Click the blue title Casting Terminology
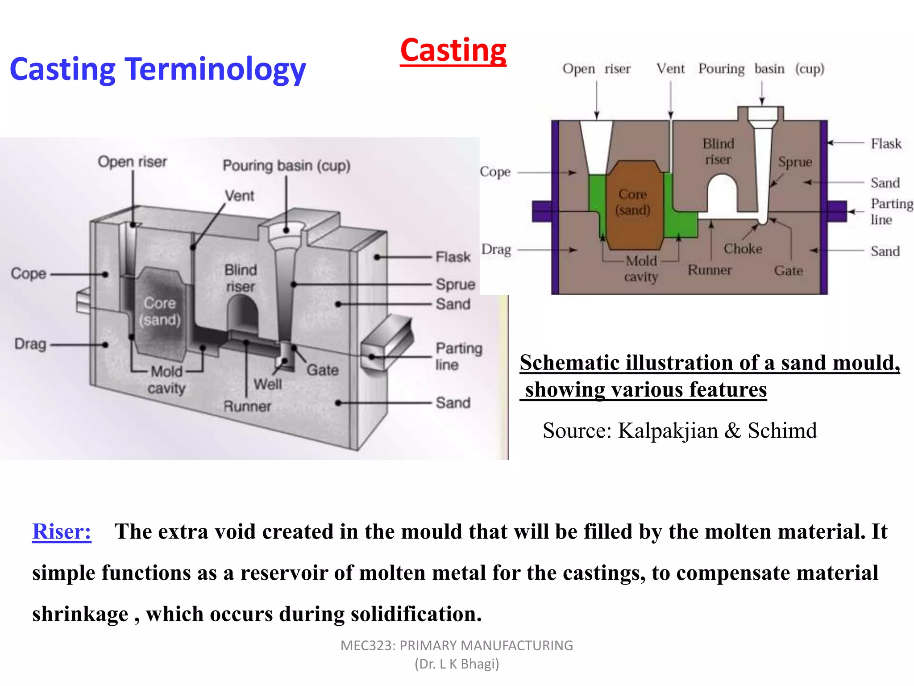coord(158,69)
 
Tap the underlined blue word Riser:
coord(62,531)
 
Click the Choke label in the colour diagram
coord(743,249)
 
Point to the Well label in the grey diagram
coord(268,384)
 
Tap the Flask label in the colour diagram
coord(886,144)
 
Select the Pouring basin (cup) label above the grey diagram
coord(287,166)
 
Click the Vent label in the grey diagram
coord(239,196)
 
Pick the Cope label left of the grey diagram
coord(29,273)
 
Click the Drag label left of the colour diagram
coord(496,250)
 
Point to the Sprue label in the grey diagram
coord(455,284)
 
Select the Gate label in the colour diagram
coord(788,271)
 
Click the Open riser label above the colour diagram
coord(596,69)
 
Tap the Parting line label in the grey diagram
coord(458,356)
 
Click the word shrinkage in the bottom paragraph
coord(80,614)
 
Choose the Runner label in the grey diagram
coord(247,406)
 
